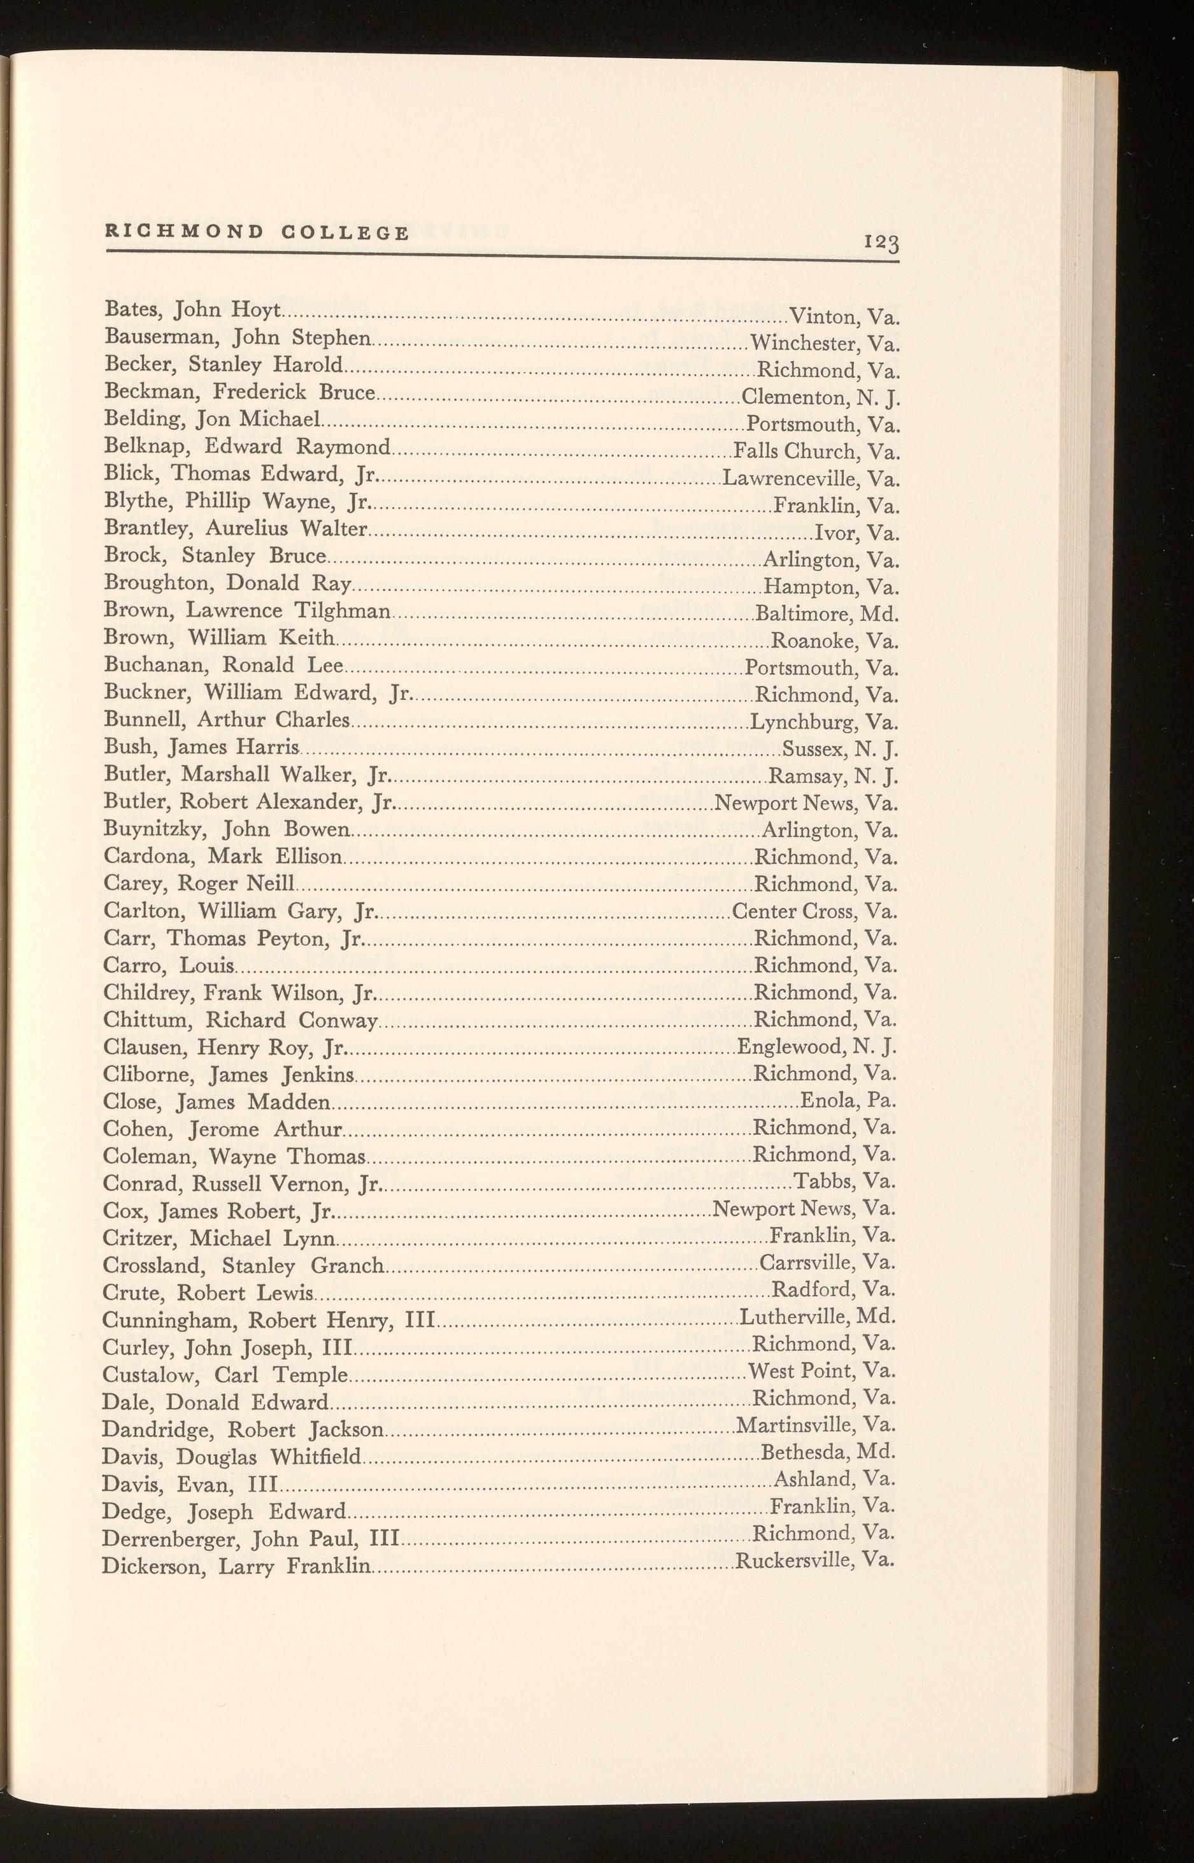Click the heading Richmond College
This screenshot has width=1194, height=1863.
coord(257,232)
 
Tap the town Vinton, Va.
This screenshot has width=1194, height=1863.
coord(844,317)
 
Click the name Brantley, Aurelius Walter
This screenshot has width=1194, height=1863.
coord(235,529)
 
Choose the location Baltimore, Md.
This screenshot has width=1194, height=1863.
coord(827,614)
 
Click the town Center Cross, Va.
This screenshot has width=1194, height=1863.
coord(815,911)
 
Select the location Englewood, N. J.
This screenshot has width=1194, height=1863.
coord(816,1047)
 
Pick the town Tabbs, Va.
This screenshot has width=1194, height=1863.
coord(845,1182)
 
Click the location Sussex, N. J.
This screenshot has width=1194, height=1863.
coord(840,749)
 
